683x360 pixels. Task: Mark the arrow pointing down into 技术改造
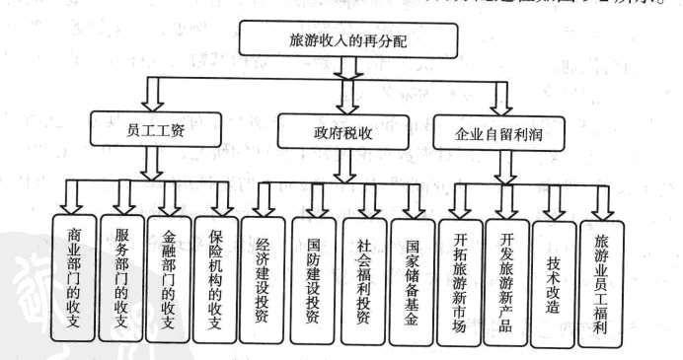(554, 202)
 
